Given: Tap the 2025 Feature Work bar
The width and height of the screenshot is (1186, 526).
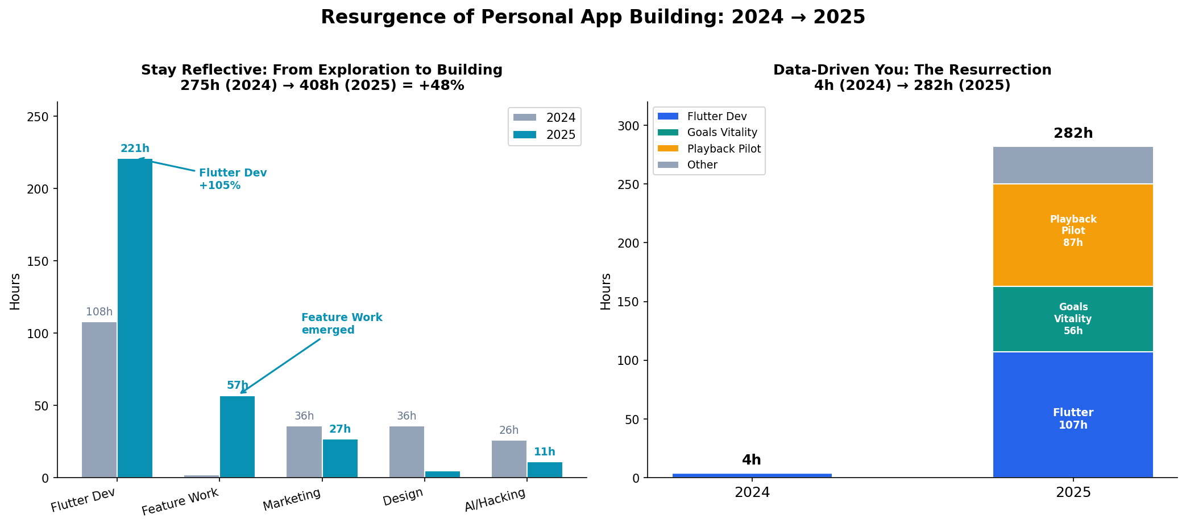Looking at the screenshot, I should [x=237, y=437].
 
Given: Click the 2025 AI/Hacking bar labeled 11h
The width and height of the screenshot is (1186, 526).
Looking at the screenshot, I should [x=545, y=470].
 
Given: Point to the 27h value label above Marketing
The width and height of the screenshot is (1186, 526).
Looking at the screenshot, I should [x=340, y=429].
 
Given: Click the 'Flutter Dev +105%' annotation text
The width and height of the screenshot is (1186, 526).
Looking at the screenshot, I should [x=233, y=179].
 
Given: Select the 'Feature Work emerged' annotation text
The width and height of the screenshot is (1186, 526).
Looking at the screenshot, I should [x=342, y=324].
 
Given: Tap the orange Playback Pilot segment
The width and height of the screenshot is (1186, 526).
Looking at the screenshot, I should [x=1073, y=235].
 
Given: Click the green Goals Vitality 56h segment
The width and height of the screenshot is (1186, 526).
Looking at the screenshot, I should [x=1073, y=319].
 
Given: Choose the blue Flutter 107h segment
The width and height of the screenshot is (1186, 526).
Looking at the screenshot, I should [x=1073, y=415].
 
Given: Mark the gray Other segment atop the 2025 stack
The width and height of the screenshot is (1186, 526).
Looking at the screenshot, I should [x=1073, y=165].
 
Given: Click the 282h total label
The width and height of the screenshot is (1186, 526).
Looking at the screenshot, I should [x=1073, y=133].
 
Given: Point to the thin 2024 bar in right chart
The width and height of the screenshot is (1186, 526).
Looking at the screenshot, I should [x=752, y=475].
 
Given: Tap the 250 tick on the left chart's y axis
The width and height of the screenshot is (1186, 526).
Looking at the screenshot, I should [x=43, y=117].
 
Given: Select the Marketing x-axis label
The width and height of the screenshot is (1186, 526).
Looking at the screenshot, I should [x=292, y=500].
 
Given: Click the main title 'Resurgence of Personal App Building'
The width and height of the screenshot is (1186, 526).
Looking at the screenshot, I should [x=592, y=17].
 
